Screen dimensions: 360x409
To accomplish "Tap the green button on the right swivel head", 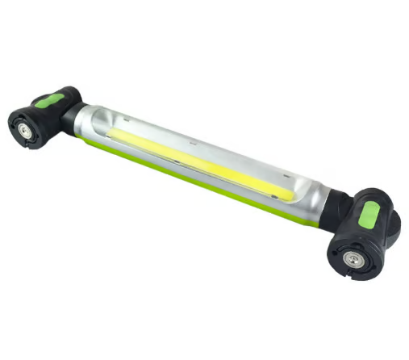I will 368,216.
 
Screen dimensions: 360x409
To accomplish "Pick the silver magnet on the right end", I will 354,260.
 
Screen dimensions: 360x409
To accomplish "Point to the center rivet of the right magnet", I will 354,260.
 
